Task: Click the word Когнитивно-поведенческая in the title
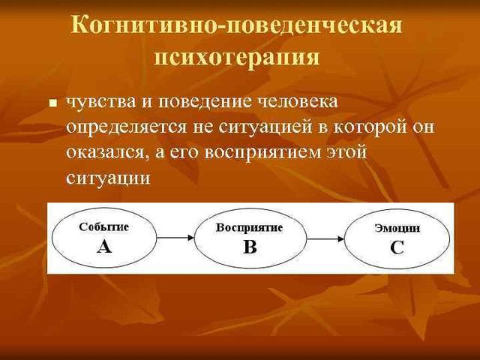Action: [x=237, y=25]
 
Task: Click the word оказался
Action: [x=101, y=153]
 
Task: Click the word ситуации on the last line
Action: [x=108, y=178]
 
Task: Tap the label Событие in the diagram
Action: [x=103, y=226]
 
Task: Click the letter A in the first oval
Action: [x=103, y=247]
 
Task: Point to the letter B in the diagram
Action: [x=250, y=247]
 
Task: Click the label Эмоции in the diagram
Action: [x=397, y=228]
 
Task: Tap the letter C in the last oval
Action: [x=397, y=248]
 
